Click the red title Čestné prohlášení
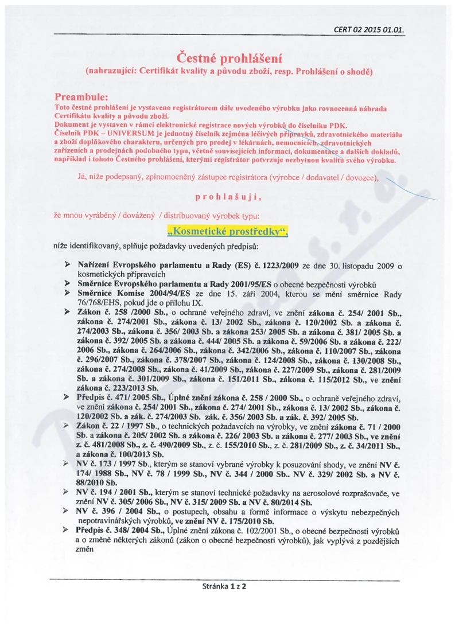click(229, 57)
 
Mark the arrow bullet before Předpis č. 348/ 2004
click(68, 529)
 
